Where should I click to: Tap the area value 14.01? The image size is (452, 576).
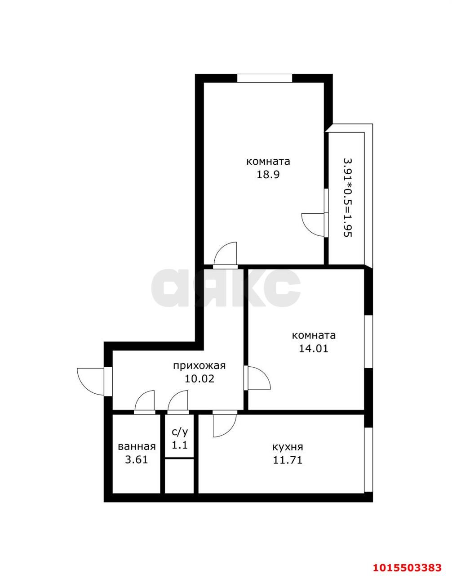314,348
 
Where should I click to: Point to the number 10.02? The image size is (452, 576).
199,379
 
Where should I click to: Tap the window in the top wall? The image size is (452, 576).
265,78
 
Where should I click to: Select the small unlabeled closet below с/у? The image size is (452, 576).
180,476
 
